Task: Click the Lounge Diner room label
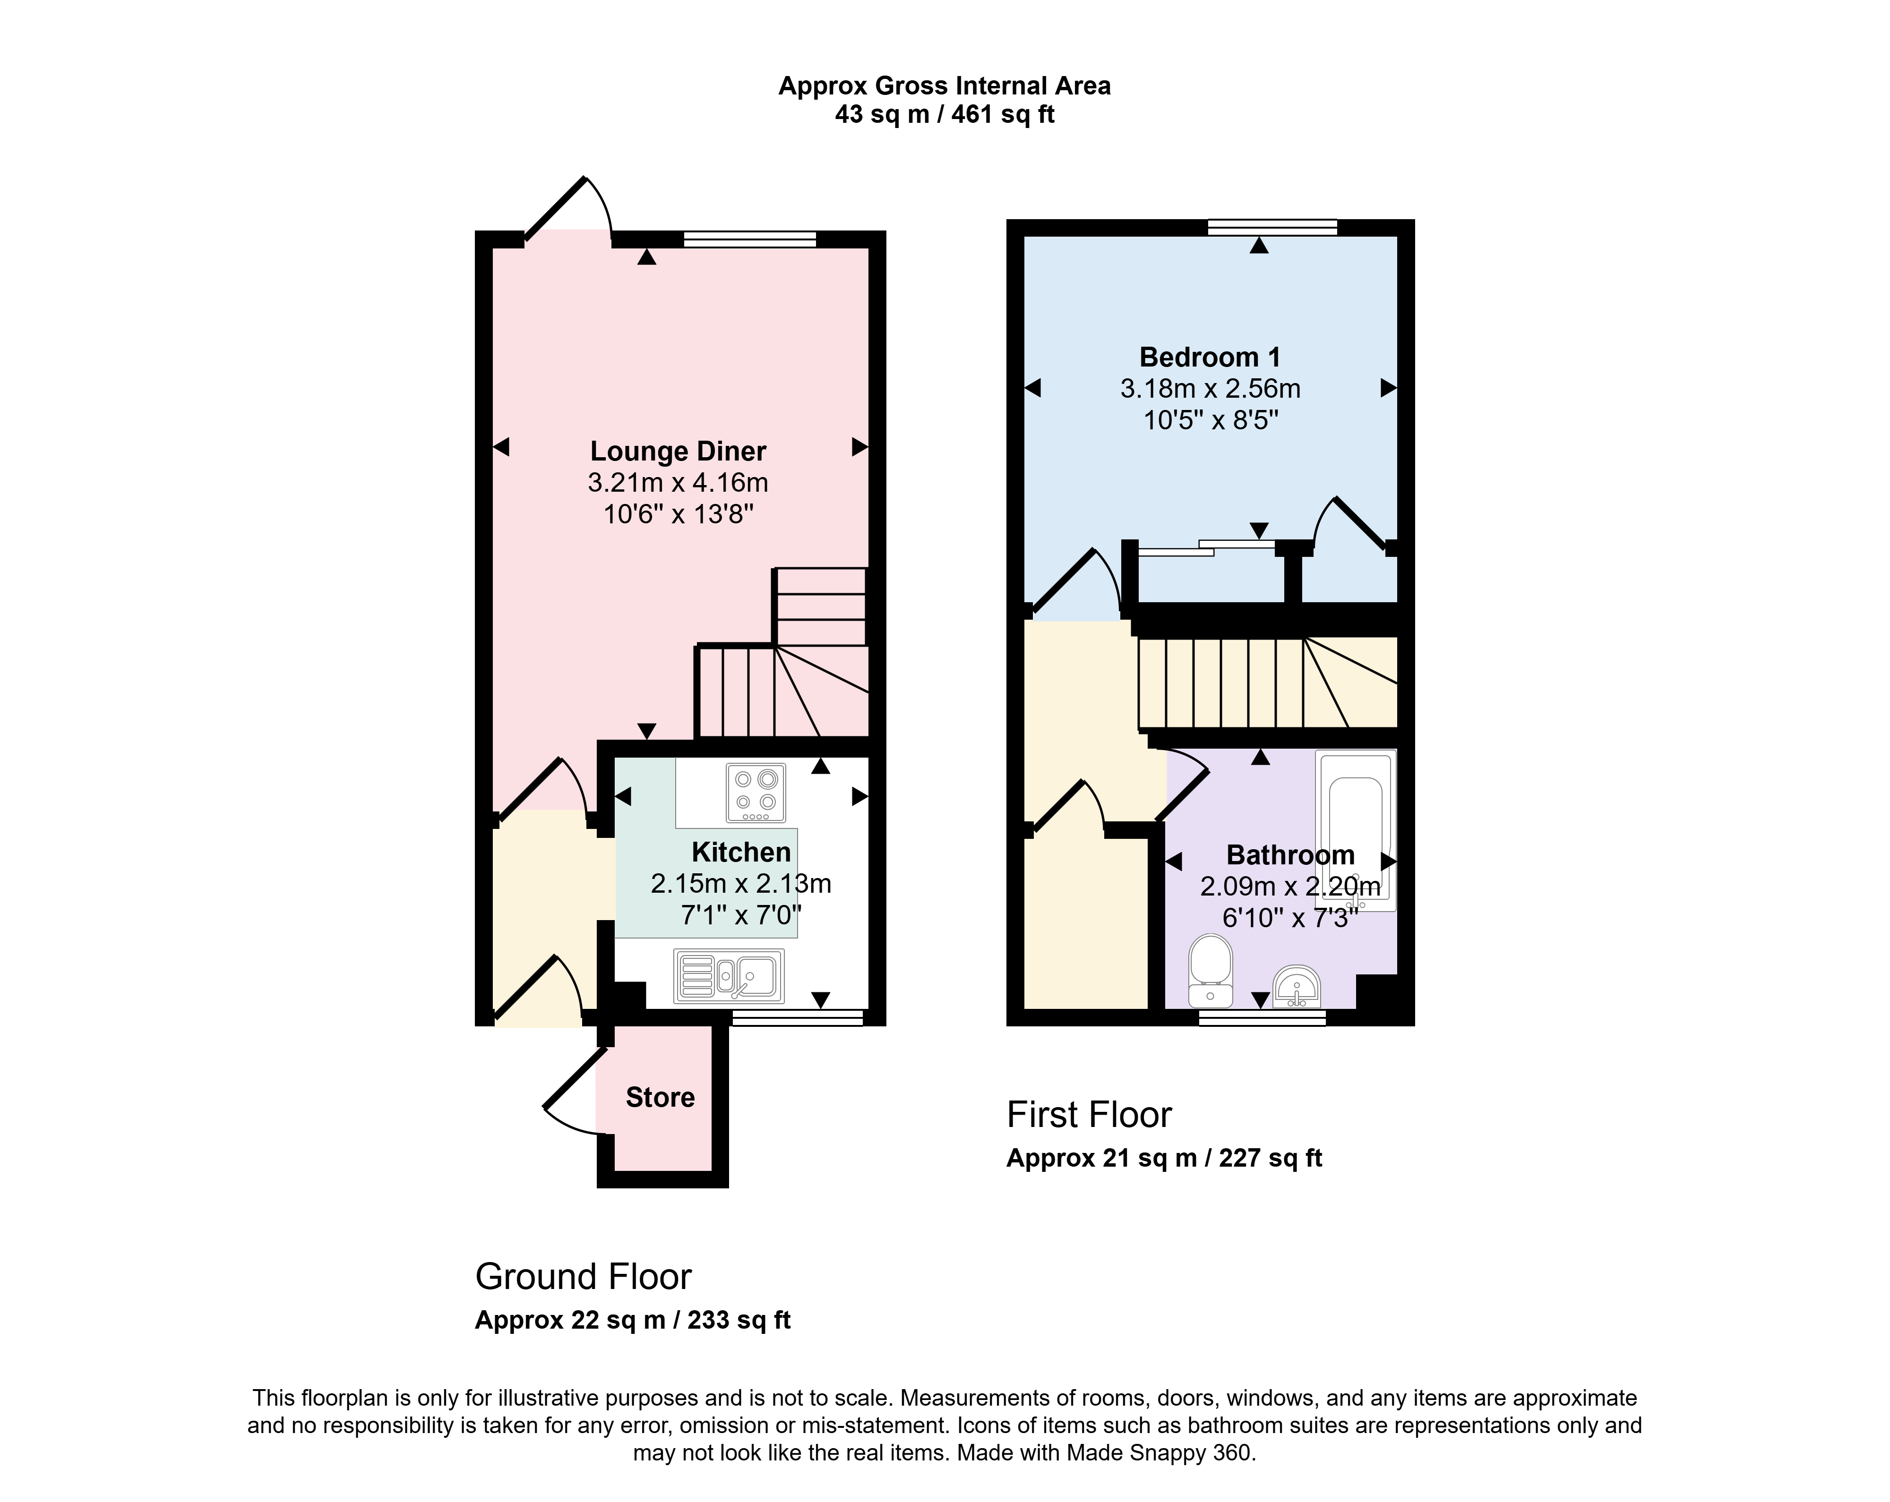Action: [x=678, y=451]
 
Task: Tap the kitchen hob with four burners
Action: [x=756, y=793]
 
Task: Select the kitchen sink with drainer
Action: [x=729, y=975]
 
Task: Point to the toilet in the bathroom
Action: [x=1211, y=970]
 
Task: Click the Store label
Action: [x=660, y=1097]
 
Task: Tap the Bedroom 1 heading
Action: [x=1210, y=358]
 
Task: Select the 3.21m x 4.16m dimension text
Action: [x=678, y=483]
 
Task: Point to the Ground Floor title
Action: [x=583, y=1277]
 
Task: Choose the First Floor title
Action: [x=1089, y=1115]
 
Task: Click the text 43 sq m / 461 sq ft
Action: [x=944, y=114]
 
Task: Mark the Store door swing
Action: [x=574, y=1091]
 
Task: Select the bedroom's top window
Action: [x=1272, y=228]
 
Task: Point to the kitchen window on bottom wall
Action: [x=798, y=1017]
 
